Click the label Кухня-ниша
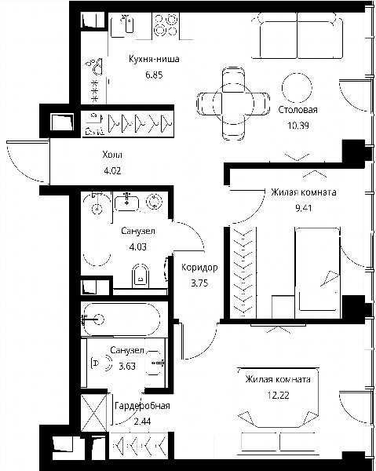coord(154,59)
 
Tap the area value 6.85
coord(154,75)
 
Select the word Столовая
coord(298,110)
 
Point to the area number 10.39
coord(298,126)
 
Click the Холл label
coord(112,155)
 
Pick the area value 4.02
coord(112,171)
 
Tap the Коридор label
coord(199,268)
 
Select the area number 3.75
coord(199,283)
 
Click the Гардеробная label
coord(142,406)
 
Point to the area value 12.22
coord(279,396)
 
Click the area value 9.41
coord(303,208)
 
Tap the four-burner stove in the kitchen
coord(166,25)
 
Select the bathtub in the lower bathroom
coord(122,319)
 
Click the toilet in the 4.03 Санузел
coord(141,276)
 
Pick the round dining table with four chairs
coord(233,104)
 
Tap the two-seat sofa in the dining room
coord(298,36)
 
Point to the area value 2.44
coord(142,422)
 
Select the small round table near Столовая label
coord(297,88)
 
